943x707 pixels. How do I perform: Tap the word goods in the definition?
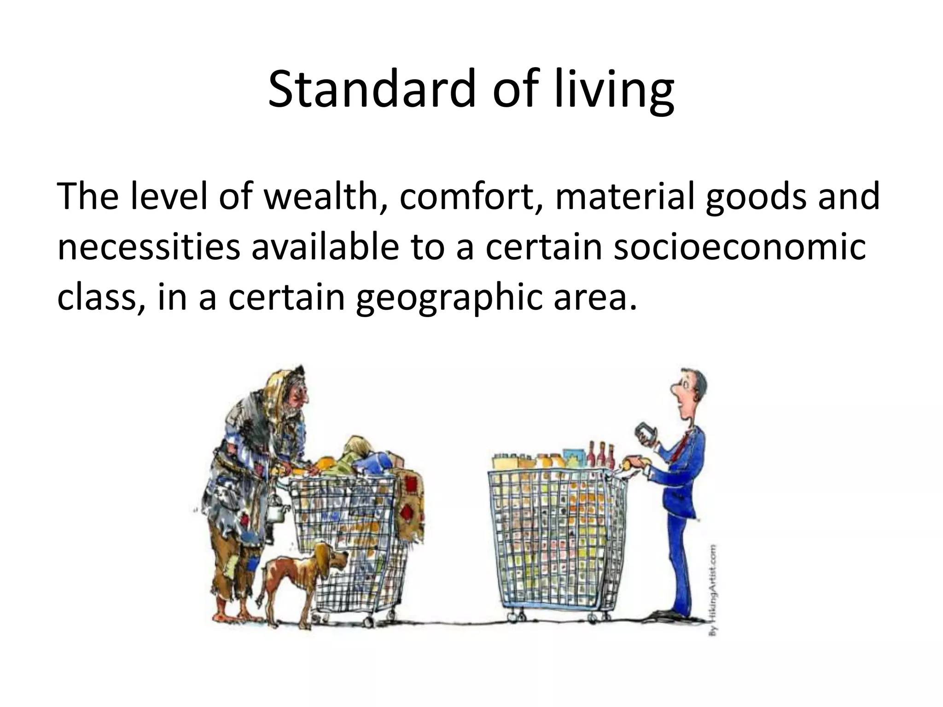click(x=755, y=196)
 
